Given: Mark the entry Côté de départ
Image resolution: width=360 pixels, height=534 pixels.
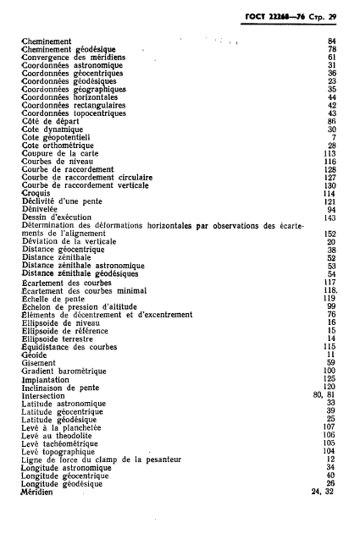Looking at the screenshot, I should pyautogui.click(x=50, y=120).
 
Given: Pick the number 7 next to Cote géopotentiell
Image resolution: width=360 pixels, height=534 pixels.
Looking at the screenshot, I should pyautogui.click(x=335, y=137).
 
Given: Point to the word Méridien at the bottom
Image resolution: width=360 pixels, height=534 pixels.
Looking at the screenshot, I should pyautogui.click(x=37, y=493).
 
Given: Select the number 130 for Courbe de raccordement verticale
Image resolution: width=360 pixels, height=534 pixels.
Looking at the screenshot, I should pyautogui.click(x=330, y=184).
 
